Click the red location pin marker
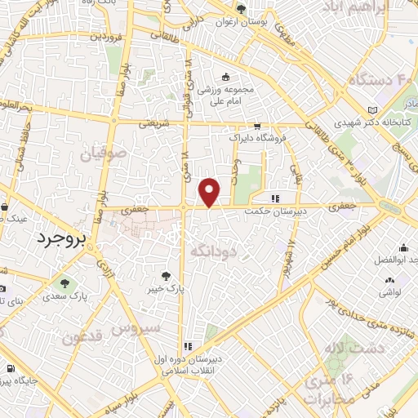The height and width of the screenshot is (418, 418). click(211, 192)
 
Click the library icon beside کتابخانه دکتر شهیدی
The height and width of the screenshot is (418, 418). click(373, 109)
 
